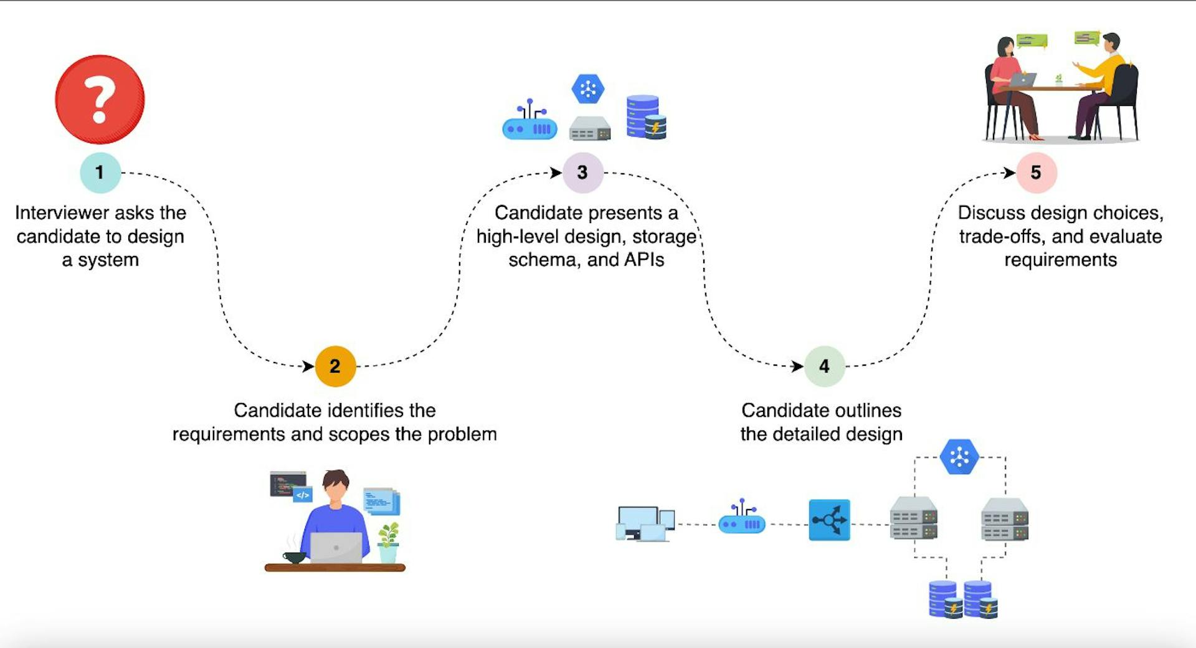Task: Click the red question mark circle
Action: click(100, 100)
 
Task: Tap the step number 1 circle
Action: click(100, 173)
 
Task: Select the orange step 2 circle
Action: click(335, 366)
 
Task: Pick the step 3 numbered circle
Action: click(582, 173)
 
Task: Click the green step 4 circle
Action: click(824, 366)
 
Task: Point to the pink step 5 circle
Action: click(1036, 173)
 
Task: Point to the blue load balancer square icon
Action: click(829, 520)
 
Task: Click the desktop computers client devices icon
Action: click(645, 523)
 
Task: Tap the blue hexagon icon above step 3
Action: click(588, 88)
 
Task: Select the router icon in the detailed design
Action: click(742, 518)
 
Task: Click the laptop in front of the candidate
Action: click(336, 548)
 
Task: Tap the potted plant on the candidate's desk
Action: click(389, 542)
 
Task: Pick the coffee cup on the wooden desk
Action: click(294, 556)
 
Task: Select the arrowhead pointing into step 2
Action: click(308, 366)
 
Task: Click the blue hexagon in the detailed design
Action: click(959, 457)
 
